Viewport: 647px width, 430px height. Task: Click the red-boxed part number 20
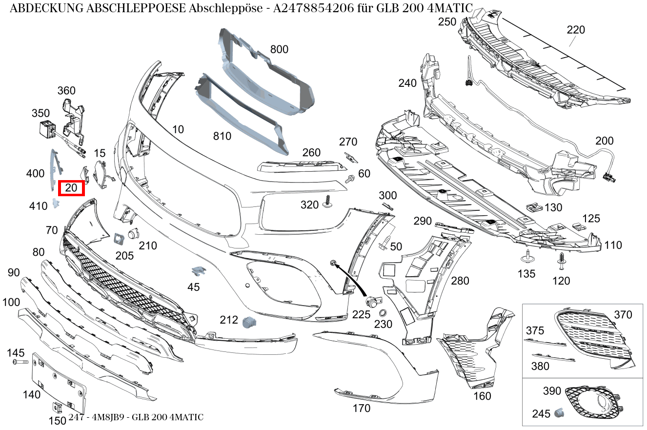tap(71, 188)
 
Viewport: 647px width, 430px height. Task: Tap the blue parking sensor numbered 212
tap(248, 321)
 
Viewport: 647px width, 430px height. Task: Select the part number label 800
tap(279, 49)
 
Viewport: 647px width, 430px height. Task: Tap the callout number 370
tap(623, 315)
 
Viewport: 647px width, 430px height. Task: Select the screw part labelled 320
tap(327, 202)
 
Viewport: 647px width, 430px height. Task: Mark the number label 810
tap(222, 136)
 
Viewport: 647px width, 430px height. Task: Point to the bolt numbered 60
tap(349, 180)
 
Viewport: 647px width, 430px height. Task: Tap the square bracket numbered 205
tap(118, 238)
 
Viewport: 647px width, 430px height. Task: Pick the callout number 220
tap(576, 30)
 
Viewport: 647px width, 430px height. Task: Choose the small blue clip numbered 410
tap(55, 204)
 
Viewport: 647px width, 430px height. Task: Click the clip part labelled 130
tap(534, 206)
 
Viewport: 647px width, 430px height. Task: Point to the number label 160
tap(482, 396)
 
